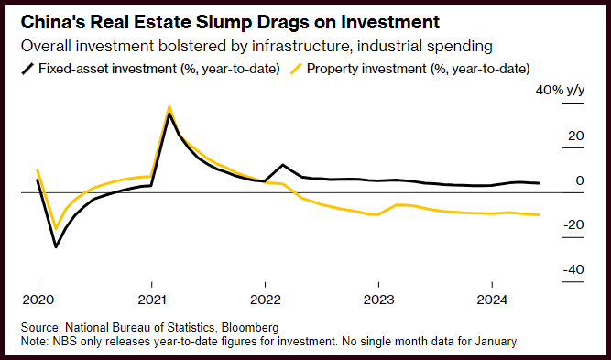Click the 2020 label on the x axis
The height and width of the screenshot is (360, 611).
(38, 300)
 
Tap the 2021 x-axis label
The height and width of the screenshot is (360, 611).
(151, 300)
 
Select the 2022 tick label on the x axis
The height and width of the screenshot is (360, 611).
(266, 300)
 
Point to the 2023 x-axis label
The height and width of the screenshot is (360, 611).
(378, 300)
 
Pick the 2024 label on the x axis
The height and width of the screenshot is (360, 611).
(493, 300)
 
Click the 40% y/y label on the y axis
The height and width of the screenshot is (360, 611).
(560, 91)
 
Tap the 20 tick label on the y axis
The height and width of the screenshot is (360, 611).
(576, 136)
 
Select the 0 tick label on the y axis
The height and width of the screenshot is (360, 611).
(580, 180)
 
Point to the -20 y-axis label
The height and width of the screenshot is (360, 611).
(573, 224)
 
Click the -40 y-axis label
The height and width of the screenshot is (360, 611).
(573, 269)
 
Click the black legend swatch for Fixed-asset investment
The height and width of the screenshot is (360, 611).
(27, 70)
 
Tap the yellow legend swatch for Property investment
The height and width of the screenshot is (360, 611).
(297, 70)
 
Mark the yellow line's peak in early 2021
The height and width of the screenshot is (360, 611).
(169, 106)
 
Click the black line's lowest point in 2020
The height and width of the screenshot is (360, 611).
(56, 246)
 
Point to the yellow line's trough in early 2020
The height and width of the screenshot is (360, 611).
(56, 228)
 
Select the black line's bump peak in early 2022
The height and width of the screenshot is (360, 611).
(282, 165)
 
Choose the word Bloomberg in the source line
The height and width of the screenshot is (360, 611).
(252, 327)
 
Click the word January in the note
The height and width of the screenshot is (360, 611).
(496, 342)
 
